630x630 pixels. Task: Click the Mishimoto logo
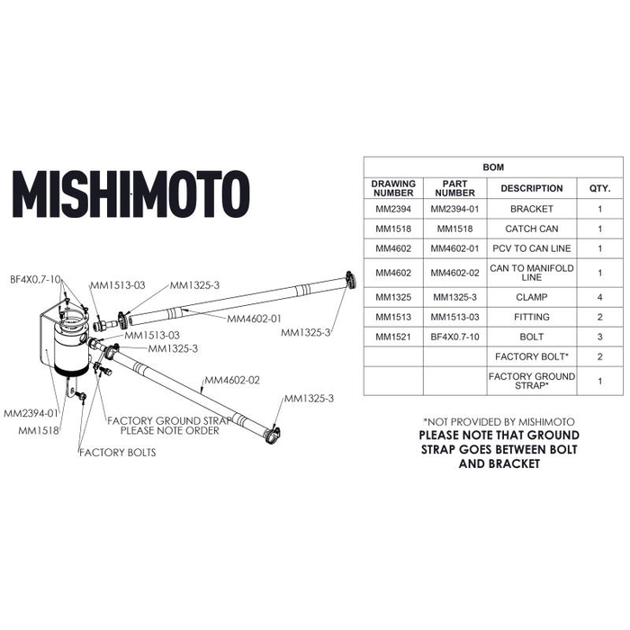click(x=131, y=194)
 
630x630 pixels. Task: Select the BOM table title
click(x=493, y=167)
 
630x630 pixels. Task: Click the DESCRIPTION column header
click(x=532, y=188)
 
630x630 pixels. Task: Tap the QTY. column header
click(x=600, y=188)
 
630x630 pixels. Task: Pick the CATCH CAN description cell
click(x=532, y=229)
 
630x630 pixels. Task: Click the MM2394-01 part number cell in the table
click(x=454, y=209)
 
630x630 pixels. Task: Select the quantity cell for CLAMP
click(x=600, y=297)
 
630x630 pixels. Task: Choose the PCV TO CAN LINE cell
click(x=532, y=248)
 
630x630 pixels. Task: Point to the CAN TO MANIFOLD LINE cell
click(x=532, y=273)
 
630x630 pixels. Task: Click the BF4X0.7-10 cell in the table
click(x=454, y=337)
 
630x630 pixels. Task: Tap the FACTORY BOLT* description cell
click(x=532, y=356)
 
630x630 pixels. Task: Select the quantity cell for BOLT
click(x=600, y=337)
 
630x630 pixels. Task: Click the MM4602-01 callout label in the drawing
click(x=254, y=319)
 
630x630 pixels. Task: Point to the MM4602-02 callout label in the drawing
click(x=232, y=380)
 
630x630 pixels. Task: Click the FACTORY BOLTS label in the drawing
click(x=117, y=453)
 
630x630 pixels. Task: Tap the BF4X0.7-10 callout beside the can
click(x=35, y=279)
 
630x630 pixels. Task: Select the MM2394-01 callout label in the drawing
click(x=31, y=413)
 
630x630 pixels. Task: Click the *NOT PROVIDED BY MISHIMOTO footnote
click(x=499, y=422)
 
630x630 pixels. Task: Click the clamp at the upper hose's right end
click(x=350, y=280)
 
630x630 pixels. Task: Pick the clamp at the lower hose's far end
click(x=273, y=434)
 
